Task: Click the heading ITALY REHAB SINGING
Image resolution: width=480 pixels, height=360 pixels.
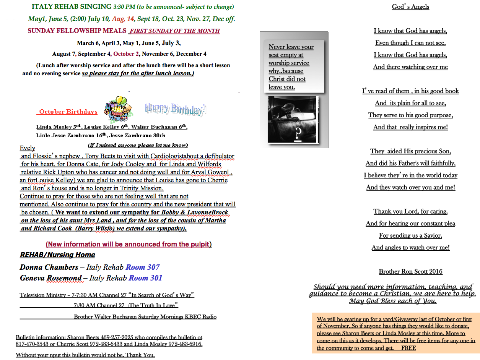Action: tap(72, 7)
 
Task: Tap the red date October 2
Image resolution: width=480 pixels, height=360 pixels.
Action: tap(126, 54)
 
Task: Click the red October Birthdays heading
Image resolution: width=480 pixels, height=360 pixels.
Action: tap(68, 112)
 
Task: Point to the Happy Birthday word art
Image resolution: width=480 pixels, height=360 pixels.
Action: tap(176, 109)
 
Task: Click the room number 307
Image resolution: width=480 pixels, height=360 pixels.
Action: tap(151, 267)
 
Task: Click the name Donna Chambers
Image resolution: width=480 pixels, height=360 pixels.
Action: tap(49, 267)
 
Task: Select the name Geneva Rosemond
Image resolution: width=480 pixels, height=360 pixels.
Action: tap(50, 278)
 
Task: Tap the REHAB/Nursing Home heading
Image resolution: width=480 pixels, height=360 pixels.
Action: tap(57, 255)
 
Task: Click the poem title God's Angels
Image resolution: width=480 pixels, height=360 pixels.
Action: tap(410, 7)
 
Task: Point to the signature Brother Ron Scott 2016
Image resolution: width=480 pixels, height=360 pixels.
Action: tap(410, 272)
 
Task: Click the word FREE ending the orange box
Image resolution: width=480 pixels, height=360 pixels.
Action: tap(409, 348)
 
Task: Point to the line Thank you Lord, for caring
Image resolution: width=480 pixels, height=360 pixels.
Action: tap(410, 211)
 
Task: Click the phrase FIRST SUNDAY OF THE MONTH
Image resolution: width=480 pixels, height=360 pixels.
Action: tap(175, 31)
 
